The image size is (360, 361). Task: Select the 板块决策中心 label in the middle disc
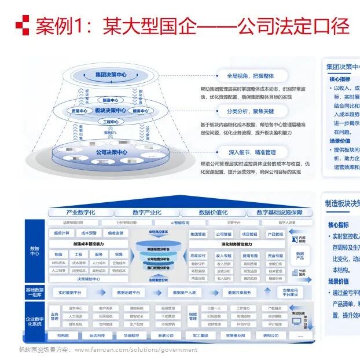coord(109,111)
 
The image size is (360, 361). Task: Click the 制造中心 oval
coord(110,100)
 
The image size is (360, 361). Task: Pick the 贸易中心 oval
coord(79,111)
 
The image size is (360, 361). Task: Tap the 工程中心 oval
coord(110,122)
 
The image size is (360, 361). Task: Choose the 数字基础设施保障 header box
coord(278,213)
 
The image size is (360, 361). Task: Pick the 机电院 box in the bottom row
coord(63,336)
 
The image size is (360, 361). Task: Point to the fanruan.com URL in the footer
coord(135,350)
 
